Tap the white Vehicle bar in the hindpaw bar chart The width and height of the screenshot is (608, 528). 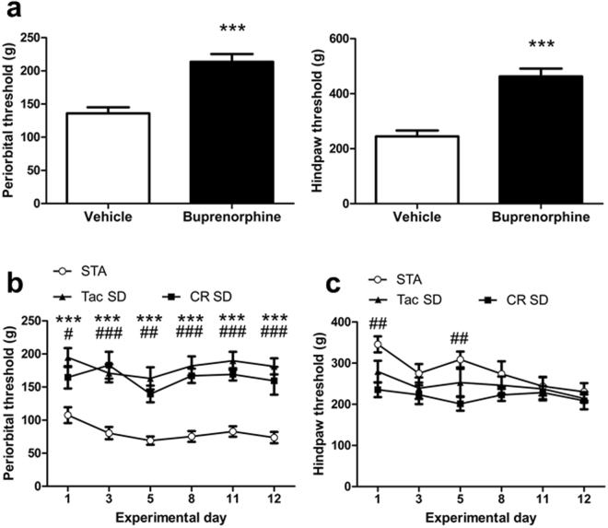pyautogui.click(x=423, y=170)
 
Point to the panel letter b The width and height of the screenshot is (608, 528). pyautogui.click(x=16, y=281)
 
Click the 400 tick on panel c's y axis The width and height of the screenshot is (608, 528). pyautogui.click(x=349, y=322)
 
